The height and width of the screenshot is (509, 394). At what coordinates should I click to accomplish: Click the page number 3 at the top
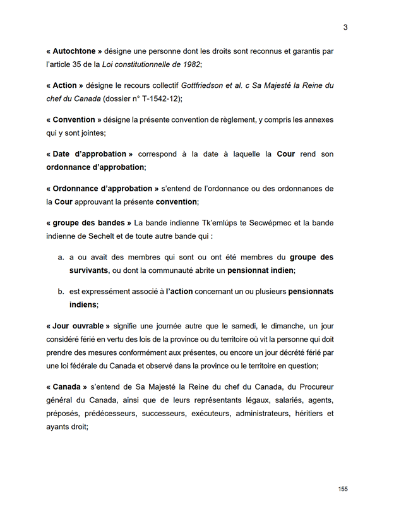coord(345,27)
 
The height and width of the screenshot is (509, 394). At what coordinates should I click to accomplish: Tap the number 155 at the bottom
coord(343,489)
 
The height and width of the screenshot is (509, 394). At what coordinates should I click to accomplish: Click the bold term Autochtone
coord(75,51)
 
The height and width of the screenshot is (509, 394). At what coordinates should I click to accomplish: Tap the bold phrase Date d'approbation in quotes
coord(90,154)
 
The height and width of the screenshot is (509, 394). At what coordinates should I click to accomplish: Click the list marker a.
coord(61,257)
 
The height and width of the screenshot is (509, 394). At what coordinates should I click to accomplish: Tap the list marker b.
coord(61,291)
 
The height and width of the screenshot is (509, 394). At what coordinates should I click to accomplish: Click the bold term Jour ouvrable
coord(78,326)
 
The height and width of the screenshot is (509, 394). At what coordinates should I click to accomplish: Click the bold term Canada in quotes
coord(67,387)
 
